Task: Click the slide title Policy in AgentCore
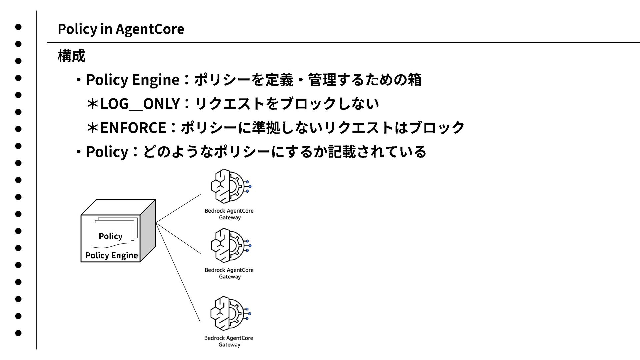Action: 121,29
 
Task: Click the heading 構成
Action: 71,56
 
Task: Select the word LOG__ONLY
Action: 140,104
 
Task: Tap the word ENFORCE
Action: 133,127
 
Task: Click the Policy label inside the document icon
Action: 110,236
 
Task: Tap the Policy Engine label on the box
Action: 111,255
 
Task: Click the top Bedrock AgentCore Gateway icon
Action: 230,186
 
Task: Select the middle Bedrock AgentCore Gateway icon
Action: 230,245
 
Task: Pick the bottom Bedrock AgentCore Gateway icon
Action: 230,313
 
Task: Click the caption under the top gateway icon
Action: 229,214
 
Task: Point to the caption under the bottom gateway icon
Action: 229,341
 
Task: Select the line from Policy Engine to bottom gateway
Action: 178,273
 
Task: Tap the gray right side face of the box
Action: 148,230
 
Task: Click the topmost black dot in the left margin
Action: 18,27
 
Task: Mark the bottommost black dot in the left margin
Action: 18,333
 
